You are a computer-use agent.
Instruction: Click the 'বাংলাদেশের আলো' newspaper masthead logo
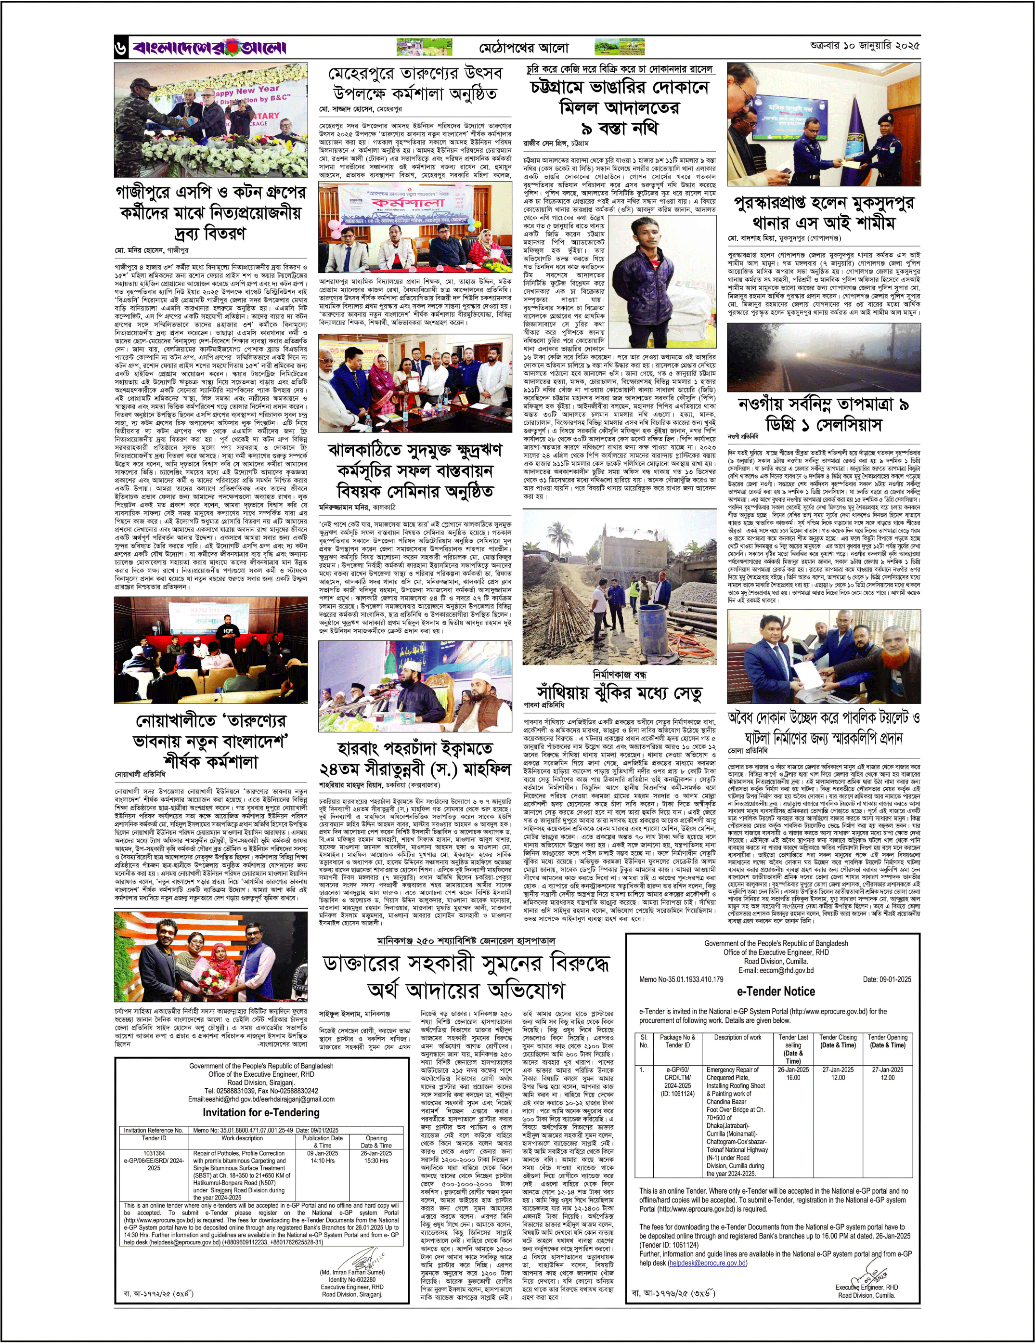(x=208, y=47)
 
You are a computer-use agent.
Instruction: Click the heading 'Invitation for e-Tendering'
(x=261, y=1112)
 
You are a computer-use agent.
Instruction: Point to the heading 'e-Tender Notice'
(x=776, y=991)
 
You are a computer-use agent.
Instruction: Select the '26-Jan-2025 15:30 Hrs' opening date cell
(x=376, y=1157)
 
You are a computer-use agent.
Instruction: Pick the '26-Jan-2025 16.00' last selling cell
(x=793, y=1074)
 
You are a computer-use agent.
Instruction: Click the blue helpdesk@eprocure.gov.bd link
(x=708, y=1263)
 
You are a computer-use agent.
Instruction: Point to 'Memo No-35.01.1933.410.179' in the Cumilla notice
(x=681, y=979)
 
